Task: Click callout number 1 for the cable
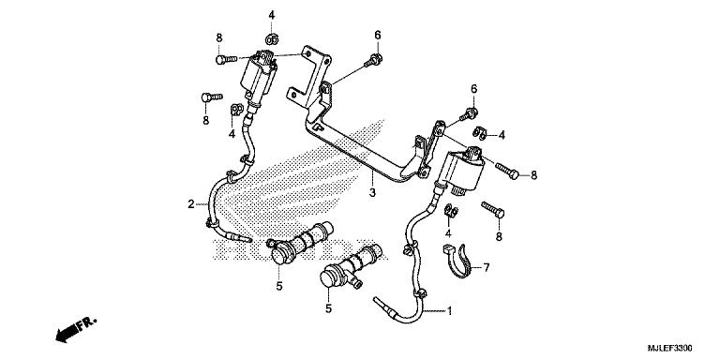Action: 450,310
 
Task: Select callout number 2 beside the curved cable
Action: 190,203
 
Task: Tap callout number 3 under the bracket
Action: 372,192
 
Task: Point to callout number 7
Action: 487,268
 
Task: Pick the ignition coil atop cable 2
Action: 262,76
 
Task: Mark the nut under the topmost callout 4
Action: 272,38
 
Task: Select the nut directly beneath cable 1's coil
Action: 448,209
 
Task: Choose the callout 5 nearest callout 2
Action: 278,286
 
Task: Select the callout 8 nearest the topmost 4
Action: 218,37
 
